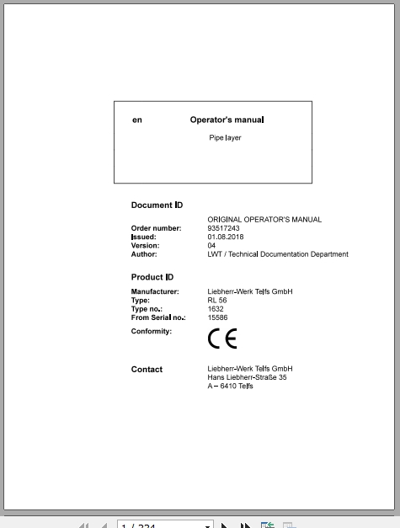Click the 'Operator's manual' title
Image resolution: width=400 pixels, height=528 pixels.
click(227, 120)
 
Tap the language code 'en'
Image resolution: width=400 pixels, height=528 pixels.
click(137, 120)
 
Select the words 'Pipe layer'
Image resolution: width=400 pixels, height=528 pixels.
click(225, 138)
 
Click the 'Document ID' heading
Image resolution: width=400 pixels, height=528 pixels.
click(157, 205)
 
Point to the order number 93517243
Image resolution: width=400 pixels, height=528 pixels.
click(223, 228)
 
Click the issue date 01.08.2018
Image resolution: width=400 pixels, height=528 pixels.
click(227, 237)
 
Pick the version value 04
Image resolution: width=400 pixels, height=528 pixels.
click(211, 245)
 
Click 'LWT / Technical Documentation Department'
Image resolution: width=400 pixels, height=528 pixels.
click(277, 253)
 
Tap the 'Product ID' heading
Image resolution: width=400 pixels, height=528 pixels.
click(152, 277)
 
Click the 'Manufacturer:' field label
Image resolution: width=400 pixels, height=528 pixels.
click(155, 291)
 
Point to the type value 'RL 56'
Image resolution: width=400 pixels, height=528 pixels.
click(217, 301)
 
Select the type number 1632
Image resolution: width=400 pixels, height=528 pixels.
click(215, 309)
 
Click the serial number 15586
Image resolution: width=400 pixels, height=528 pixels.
click(217, 317)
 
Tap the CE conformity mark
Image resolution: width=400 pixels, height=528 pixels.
click(222, 339)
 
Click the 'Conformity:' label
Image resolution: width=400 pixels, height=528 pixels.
click(152, 331)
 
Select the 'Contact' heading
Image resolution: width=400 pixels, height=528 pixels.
click(147, 369)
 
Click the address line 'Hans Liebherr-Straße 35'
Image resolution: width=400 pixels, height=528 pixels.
click(247, 377)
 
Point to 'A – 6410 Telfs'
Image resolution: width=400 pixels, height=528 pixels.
click(230, 386)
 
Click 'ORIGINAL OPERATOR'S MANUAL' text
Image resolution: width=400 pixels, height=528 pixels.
click(264, 220)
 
